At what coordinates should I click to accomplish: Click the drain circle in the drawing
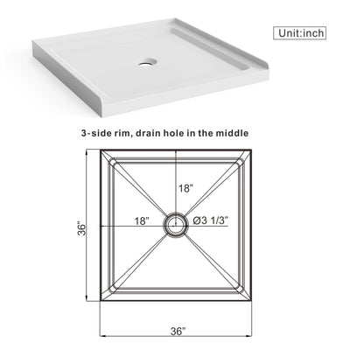[x=177, y=224]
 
